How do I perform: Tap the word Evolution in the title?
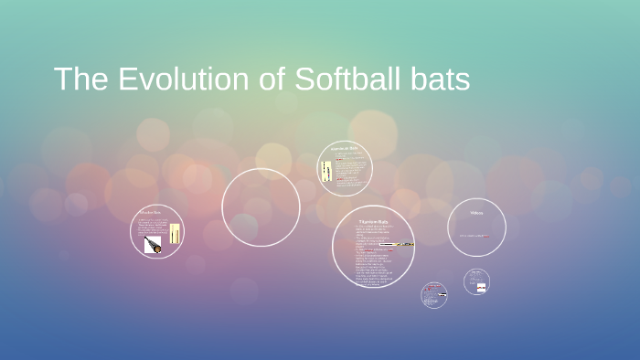pyautogui.click(x=173, y=79)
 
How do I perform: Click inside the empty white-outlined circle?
pyautogui.click(x=261, y=207)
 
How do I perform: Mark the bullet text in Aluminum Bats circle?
pyautogui.click(x=349, y=169)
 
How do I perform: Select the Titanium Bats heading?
pyautogui.click(x=373, y=221)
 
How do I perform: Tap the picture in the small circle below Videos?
pyautogui.click(x=480, y=287)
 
